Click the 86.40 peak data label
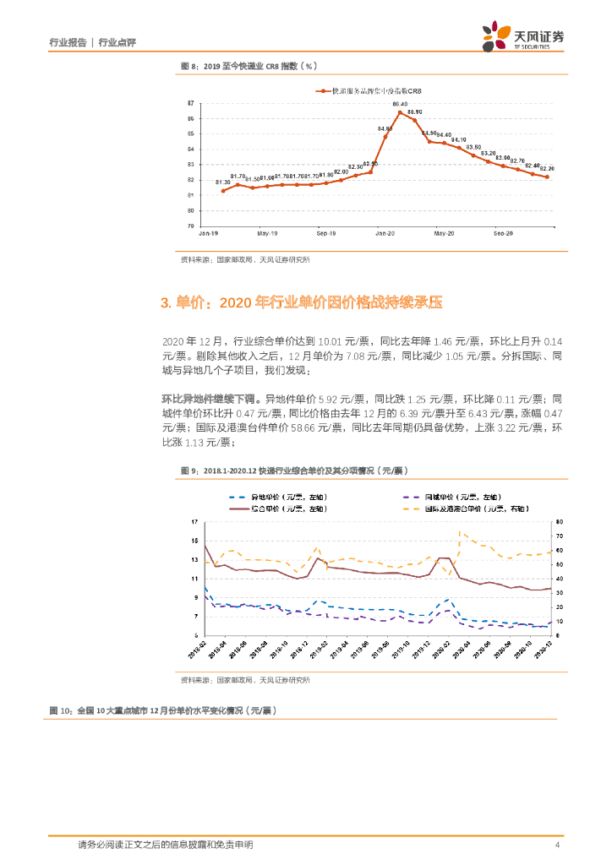pos(401,104)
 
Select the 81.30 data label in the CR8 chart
pos(223,182)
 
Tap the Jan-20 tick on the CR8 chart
pos(385,232)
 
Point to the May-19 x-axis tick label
pos(268,232)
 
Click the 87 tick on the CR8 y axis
pos(191,103)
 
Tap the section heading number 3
pos(166,302)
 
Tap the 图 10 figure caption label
pos(63,710)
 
